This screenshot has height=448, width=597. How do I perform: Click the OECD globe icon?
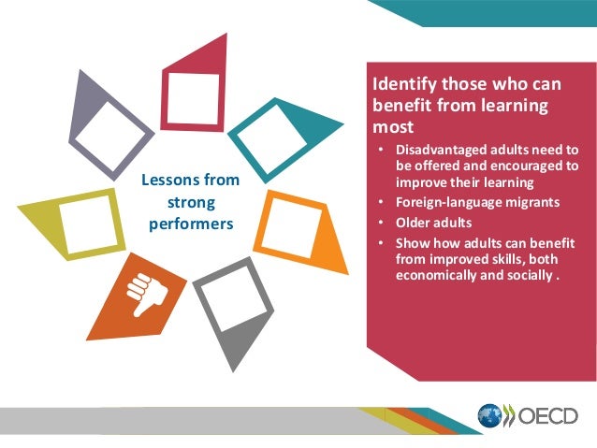pos(491,416)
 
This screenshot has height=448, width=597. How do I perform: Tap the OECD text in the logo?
pos(546,416)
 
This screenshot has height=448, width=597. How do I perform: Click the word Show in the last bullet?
pos(413,244)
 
